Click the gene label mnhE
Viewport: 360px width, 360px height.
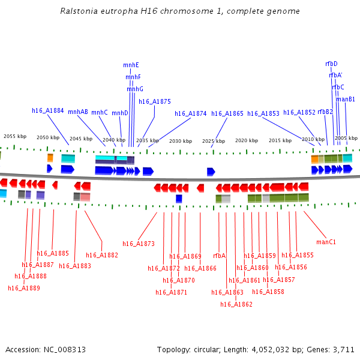131,65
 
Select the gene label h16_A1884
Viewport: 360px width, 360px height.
48,110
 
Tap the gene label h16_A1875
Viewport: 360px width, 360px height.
155,101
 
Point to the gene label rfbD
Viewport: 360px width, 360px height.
331,64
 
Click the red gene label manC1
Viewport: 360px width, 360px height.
326,242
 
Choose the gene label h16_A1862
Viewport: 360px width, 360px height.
236,304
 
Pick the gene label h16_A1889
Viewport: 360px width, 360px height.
24,288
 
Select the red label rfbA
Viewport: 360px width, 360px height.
219,256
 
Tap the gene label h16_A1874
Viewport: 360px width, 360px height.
191,113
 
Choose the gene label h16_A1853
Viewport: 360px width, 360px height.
263,113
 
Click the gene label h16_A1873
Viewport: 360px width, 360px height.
139,244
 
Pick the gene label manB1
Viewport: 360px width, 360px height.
346,99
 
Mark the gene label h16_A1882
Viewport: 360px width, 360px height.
102,255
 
